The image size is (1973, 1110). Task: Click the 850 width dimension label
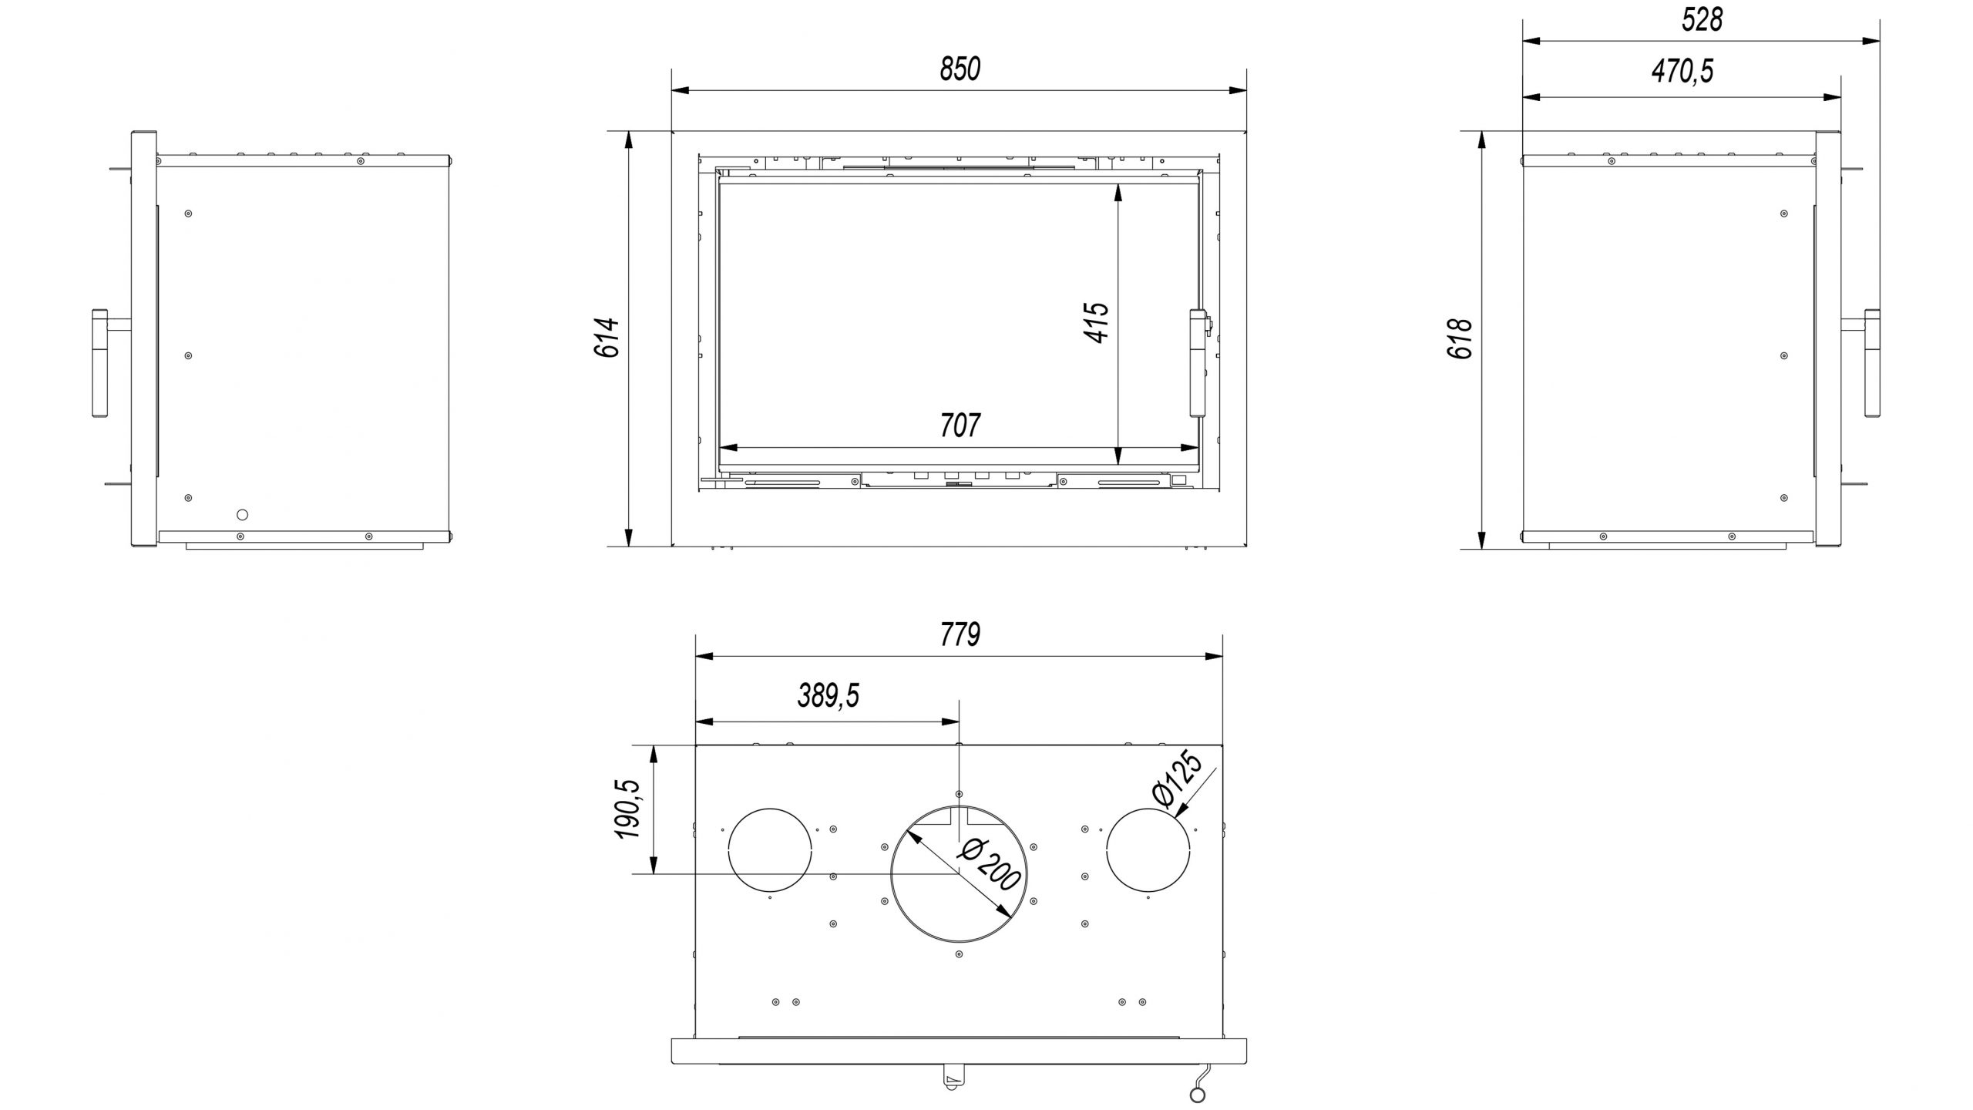960,69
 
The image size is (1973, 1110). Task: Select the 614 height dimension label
607,338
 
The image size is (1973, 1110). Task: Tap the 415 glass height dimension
1095,321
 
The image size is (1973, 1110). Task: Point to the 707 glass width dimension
960,425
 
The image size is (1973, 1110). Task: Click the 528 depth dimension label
1702,20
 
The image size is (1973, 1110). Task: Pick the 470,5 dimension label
1682,72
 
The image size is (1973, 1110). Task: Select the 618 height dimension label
1460,338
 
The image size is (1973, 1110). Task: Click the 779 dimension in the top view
960,635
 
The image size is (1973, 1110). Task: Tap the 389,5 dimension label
828,697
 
